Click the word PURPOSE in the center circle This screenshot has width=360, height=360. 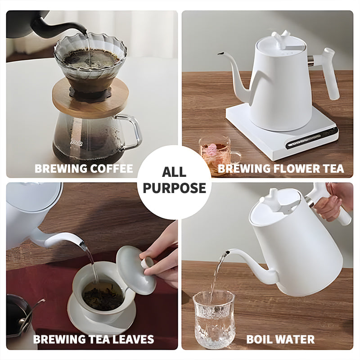(x=174, y=188)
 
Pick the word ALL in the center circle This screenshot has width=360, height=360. (x=174, y=172)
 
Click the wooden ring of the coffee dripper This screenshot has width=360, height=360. (x=90, y=101)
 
